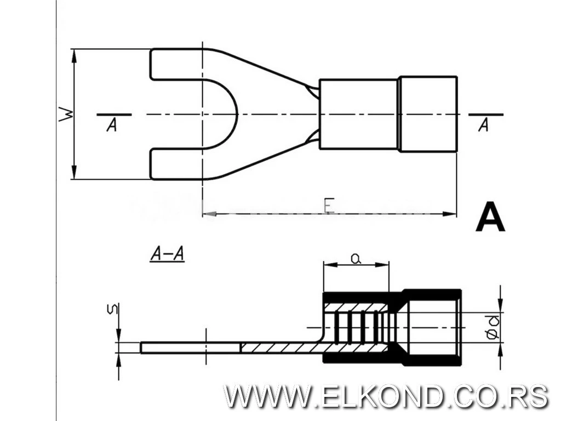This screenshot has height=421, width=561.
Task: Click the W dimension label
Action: pyautogui.click(x=66, y=114)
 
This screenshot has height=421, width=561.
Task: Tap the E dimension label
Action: pyautogui.click(x=329, y=206)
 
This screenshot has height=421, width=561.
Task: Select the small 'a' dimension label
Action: pyautogui.click(x=355, y=258)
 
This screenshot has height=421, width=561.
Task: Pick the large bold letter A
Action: pyautogui.click(x=490, y=217)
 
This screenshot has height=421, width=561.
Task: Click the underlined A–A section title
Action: pyautogui.click(x=167, y=254)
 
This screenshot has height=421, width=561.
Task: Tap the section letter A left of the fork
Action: pyautogui.click(x=112, y=125)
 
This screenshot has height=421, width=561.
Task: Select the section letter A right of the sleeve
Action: pyautogui.click(x=484, y=125)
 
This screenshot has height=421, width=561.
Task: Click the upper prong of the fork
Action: pyautogui.click(x=176, y=64)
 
